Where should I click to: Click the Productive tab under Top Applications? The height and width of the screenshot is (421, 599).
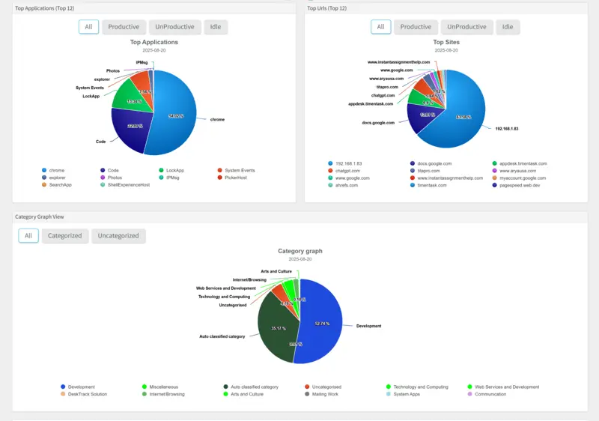(x=124, y=27)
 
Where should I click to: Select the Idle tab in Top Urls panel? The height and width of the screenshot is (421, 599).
(x=508, y=27)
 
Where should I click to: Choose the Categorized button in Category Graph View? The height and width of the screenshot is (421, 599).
(x=65, y=235)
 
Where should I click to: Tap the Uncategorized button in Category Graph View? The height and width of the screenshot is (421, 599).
(x=118, y=235)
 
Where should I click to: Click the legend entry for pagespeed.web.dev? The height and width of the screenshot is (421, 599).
(x=516, y=185)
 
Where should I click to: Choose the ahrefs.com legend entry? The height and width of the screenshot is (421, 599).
(x=345, y=185)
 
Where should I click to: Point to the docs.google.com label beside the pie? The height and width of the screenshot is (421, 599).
(x=377, y=122)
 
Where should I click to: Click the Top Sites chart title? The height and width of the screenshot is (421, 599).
(x=446, y=43)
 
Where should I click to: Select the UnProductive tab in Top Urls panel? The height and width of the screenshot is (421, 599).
(x=466, y=27)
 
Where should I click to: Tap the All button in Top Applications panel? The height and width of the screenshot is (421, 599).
(x=88, y=27)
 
